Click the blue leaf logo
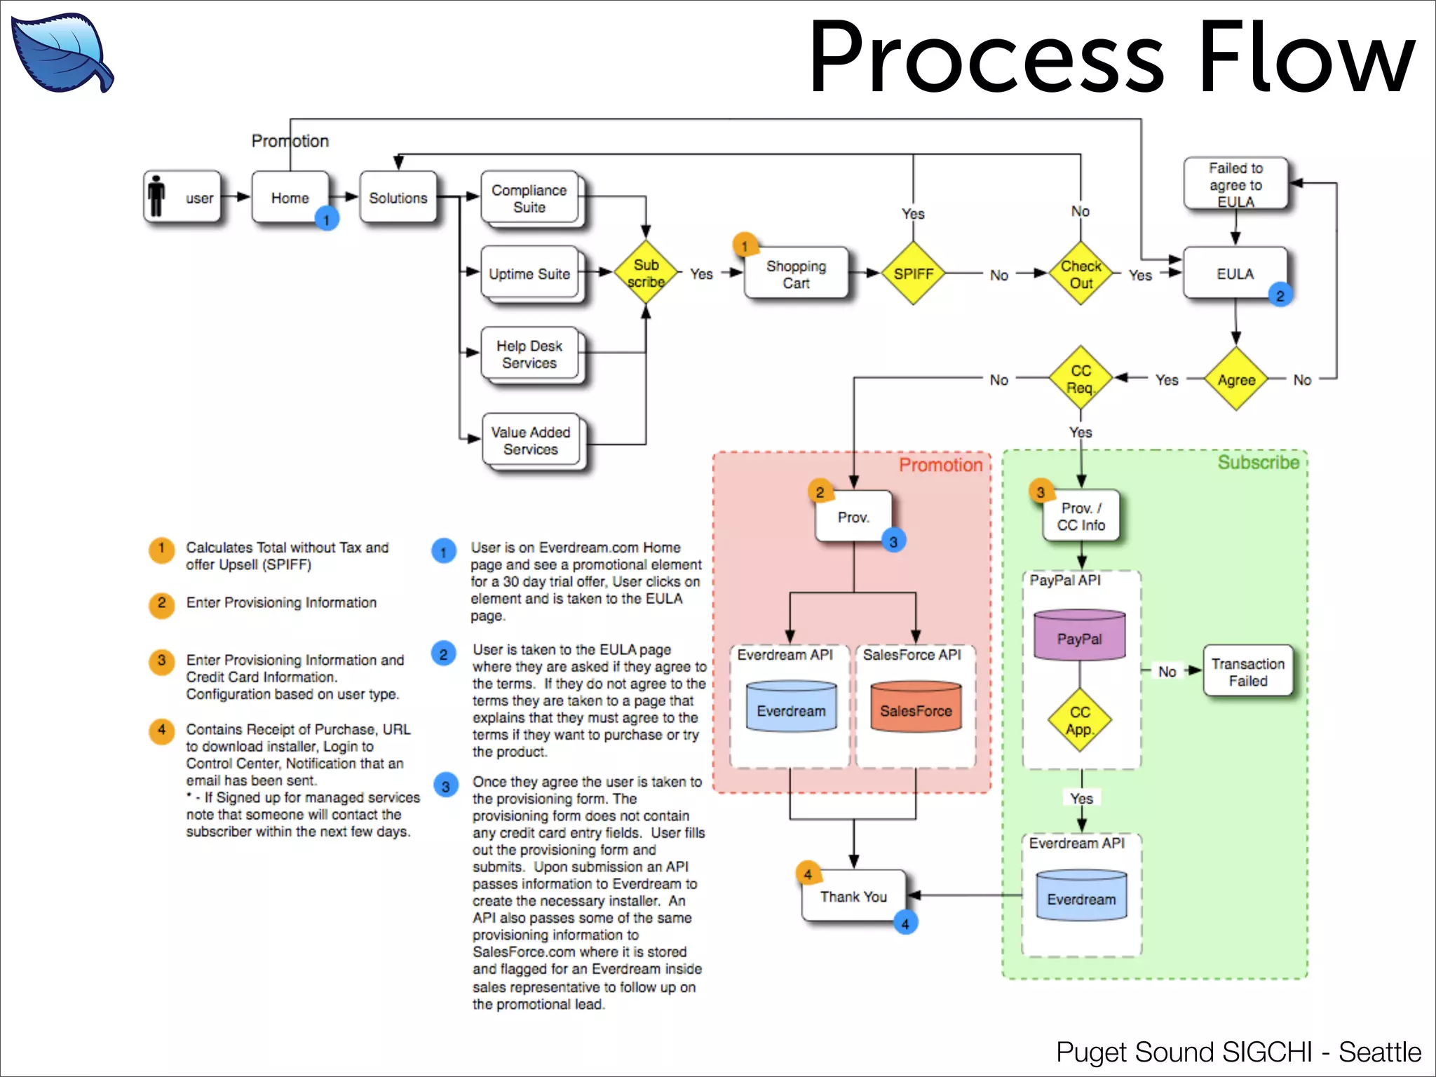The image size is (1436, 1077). (x=62, y=53)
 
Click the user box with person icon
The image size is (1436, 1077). (x=182, y=197)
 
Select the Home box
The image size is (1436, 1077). (x=290, y=197)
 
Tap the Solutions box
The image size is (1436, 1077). (x=398, y=198)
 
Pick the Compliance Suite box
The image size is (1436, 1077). (x=529, y=198)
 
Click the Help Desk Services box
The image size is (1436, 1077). (x=529, y=354)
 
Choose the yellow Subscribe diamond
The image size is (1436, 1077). (x=646, y=273)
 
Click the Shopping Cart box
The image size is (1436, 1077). (x=796, y=274)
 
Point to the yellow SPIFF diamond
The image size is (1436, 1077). (x=913, y=273)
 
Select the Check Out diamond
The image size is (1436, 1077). (x=1081, y=274)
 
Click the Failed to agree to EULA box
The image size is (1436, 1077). (x=1235, y=184)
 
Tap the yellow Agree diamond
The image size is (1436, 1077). (x=1235, y=379)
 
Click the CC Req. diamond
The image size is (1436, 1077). (x=1081, y=379)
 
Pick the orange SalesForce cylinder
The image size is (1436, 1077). (x=916, y=708)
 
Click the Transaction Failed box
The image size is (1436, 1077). (x=1248, y=671)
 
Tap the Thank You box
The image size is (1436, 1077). (x=853, y=896)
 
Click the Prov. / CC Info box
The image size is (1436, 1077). (x=1081, y=516)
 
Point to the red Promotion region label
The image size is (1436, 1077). (x=940, y=465)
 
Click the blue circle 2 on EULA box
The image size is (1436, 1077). (x=1280, y=296)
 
